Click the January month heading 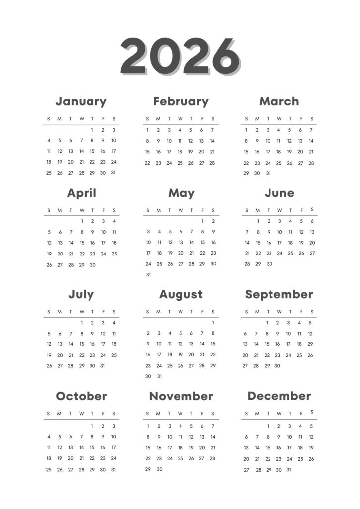click(x=81, y=101)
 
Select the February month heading click(x=180, y=101)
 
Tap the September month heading click(x=279, y=294)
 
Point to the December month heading click(x=279, y=396)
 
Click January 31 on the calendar click(x=114, y=173)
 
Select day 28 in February click(x=212, y=163)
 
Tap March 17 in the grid click(x=268, y=152)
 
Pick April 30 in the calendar click(x=92, y=265)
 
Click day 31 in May click(x=148, y=274)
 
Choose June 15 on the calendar click(x=258, y=243)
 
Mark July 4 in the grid click(x=114, y=323)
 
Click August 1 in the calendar click(x=213, y=323)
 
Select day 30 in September click(x=277, y=366)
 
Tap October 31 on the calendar click(x=114, y=469)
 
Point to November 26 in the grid click(x=191, y=458)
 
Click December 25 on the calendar click(x=300, y=459)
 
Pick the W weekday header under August click(x=180, y=312)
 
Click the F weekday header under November click(x=202, y=414)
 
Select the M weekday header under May click(x=159, y=210)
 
